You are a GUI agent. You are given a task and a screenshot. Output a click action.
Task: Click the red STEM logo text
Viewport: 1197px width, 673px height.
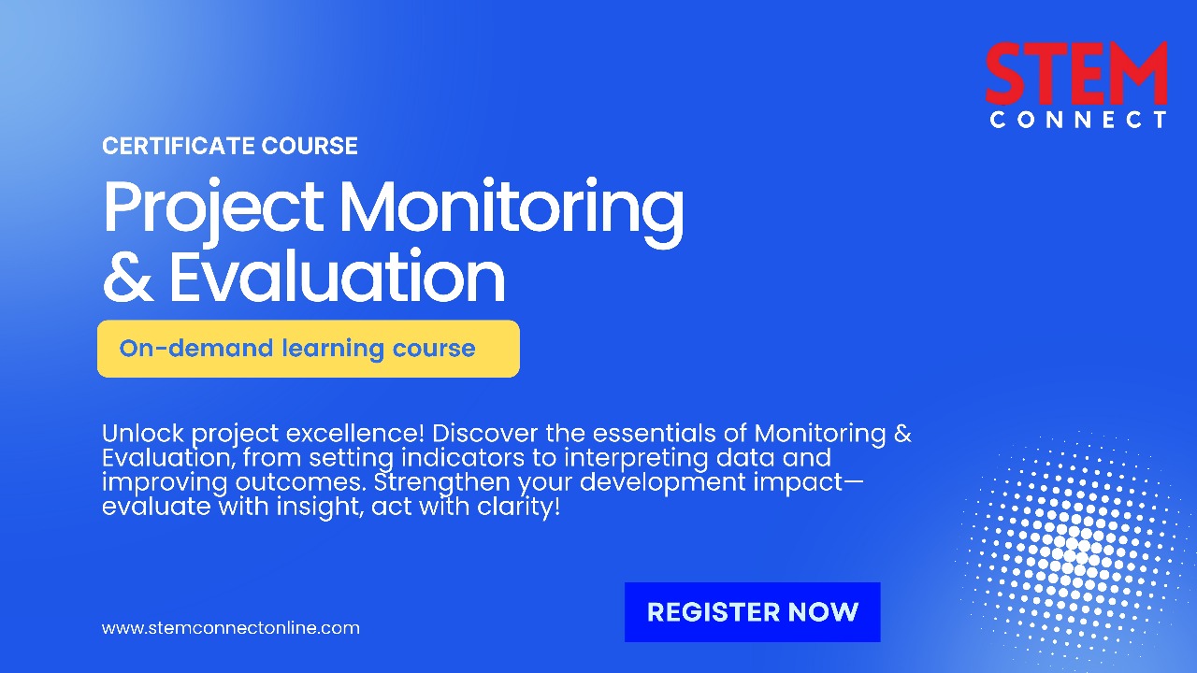[1076, 73]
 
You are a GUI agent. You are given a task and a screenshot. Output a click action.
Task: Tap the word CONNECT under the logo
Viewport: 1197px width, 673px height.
[1078, 120]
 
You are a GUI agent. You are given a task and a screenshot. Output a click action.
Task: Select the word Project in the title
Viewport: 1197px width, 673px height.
[213, 208]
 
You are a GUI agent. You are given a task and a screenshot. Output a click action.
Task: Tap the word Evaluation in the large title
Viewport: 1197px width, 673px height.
[338, 276]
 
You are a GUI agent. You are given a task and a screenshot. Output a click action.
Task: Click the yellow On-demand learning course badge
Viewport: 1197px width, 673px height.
[309, 349]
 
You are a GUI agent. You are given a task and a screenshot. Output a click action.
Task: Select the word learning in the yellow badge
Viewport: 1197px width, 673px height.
[333, 350]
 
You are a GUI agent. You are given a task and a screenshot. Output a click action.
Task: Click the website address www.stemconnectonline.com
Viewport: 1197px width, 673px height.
[231, 627]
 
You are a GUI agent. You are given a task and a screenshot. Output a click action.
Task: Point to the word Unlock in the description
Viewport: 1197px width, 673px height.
[143, 433]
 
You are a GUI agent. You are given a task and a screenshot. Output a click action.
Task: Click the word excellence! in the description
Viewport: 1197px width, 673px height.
[354, 433]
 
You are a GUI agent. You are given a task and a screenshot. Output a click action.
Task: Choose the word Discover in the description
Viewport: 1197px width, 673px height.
[485, 433]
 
